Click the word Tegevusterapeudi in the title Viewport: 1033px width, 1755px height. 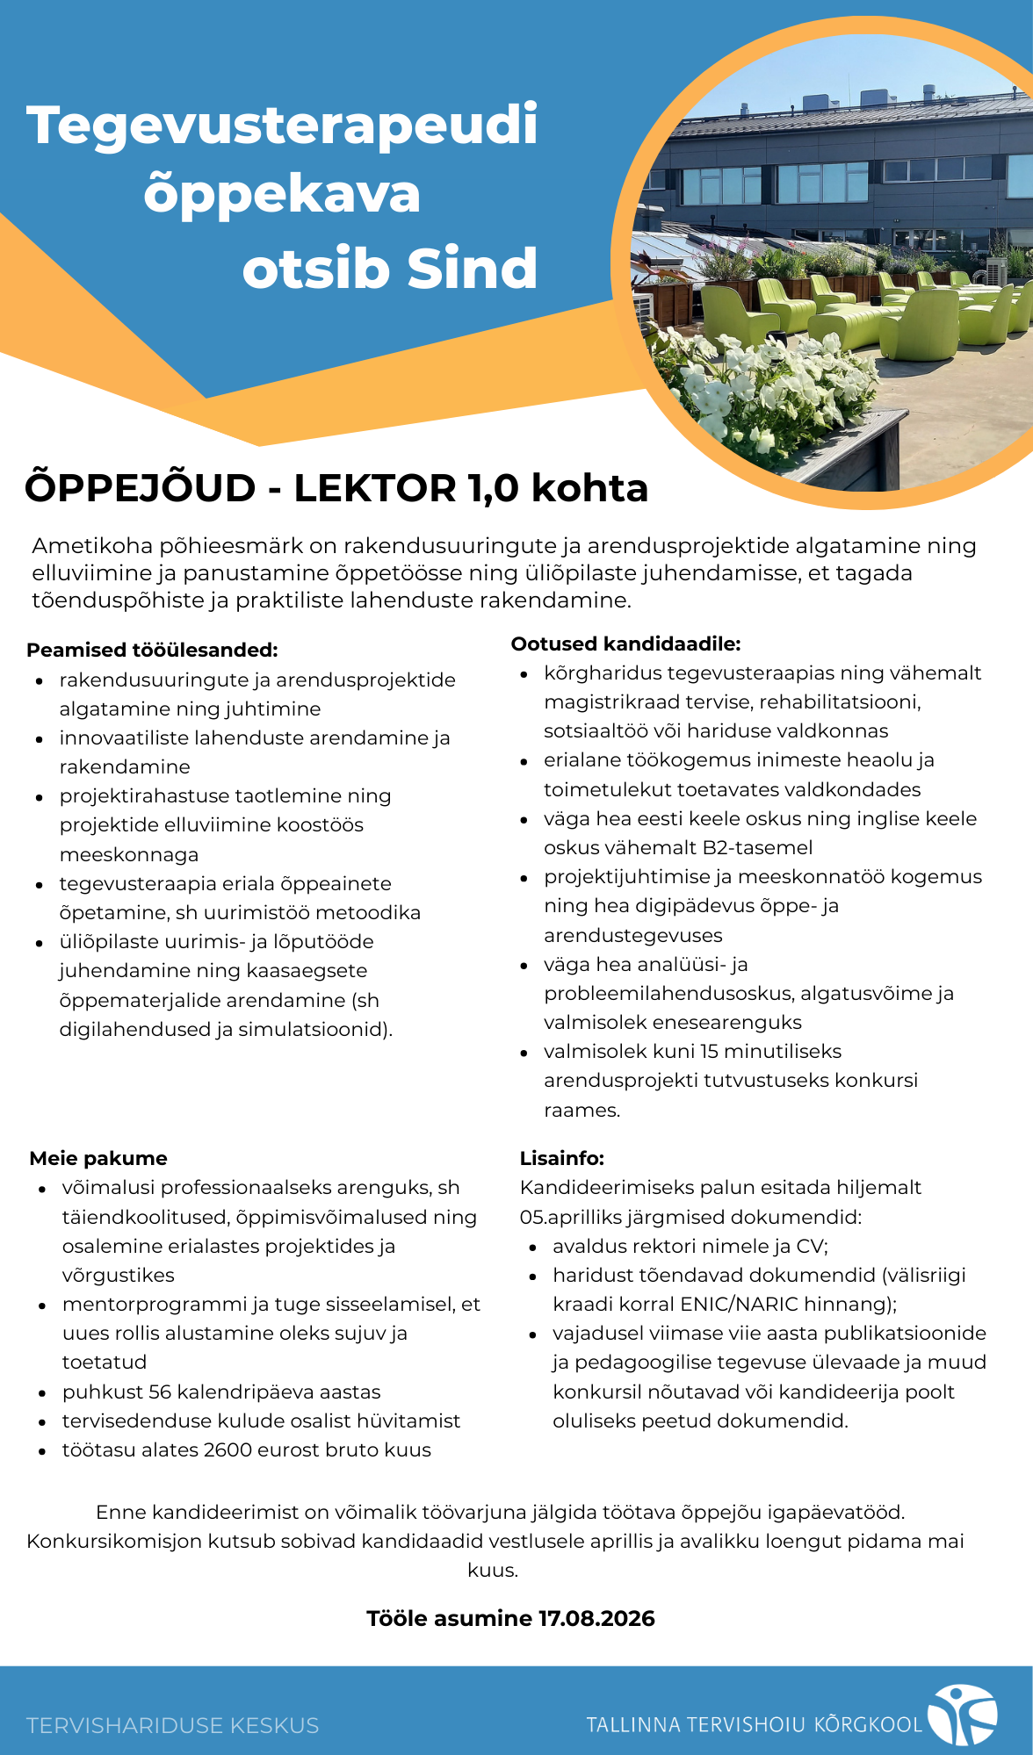[x=282, y=126]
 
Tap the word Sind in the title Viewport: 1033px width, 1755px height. [x=473, y=269]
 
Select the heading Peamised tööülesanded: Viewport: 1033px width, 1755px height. [x=152, y=650]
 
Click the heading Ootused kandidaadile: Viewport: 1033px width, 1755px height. [x=625, y=644]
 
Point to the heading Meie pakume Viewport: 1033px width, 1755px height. [x=98, y=1158]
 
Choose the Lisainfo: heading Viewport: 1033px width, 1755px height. [x=562, y=1158]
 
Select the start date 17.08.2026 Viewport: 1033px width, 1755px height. [x=596, y=1618]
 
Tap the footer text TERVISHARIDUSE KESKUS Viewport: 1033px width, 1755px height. [x=173, y=1725]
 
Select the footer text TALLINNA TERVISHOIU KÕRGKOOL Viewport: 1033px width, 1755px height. [x=755, y=1724]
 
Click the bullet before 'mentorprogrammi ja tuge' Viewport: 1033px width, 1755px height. [x=42, y=1305]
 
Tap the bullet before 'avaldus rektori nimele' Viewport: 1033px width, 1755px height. [x=533, y=1247]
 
